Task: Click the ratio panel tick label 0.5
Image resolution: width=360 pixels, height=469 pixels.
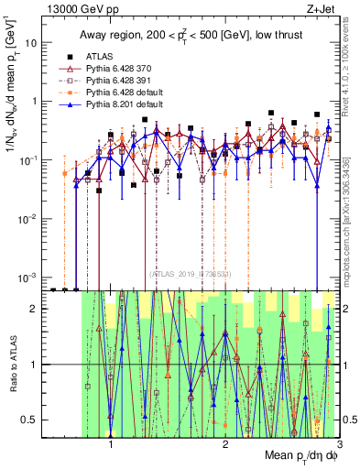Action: point(30,420)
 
